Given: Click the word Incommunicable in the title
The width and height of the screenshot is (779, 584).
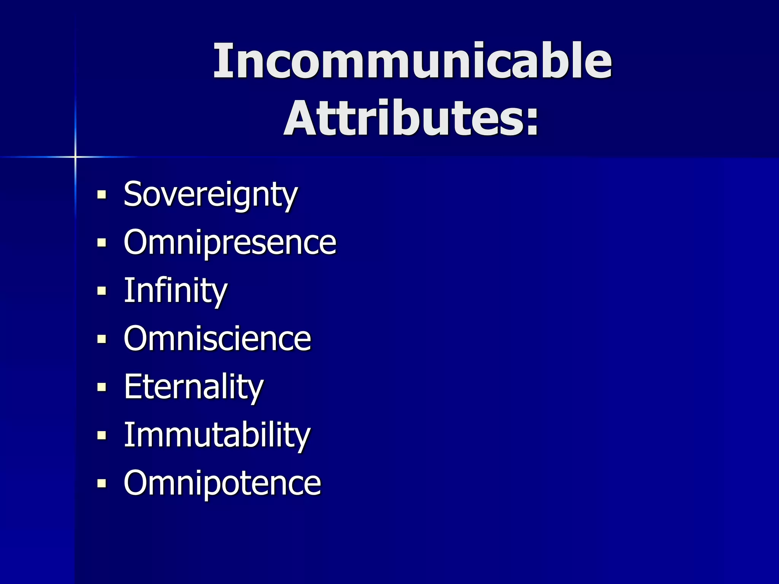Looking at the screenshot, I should (412, 61).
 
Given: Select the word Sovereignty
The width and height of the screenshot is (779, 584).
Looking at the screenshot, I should (210, 195).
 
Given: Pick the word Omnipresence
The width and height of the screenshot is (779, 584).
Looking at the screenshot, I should (230, 243).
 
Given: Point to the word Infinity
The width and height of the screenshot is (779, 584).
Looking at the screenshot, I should (175, 291).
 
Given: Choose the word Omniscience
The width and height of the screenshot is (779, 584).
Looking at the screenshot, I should (217, 339).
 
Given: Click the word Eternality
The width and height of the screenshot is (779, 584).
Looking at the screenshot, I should (193, 387).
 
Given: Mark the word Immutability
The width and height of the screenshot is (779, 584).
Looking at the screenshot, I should (217, 435).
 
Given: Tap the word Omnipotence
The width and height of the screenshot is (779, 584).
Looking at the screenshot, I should (222, 483).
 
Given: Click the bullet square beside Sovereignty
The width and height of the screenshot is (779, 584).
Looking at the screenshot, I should (102, 195).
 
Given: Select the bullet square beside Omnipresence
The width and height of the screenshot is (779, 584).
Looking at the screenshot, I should (102, 243).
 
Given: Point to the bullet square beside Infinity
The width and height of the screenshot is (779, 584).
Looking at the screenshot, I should (102, 291).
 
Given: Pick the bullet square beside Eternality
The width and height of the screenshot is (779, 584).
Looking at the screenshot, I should (102, 387).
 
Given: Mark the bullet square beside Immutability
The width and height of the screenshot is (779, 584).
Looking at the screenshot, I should (102, 435).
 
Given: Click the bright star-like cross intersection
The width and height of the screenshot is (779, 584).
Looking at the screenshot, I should (75, 157).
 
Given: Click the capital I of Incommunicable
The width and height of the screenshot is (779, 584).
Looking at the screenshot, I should (223, 61).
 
